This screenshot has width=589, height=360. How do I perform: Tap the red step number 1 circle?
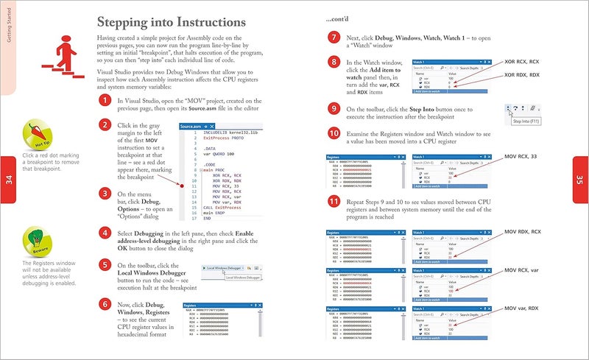tap(106, 104)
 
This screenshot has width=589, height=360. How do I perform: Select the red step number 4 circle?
tap(106, 234)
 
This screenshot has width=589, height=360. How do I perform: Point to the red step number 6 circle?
tap(106, 304)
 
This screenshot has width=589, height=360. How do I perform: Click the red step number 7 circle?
tap(334, 37)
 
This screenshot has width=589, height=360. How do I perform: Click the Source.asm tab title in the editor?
tap(192, 127)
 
